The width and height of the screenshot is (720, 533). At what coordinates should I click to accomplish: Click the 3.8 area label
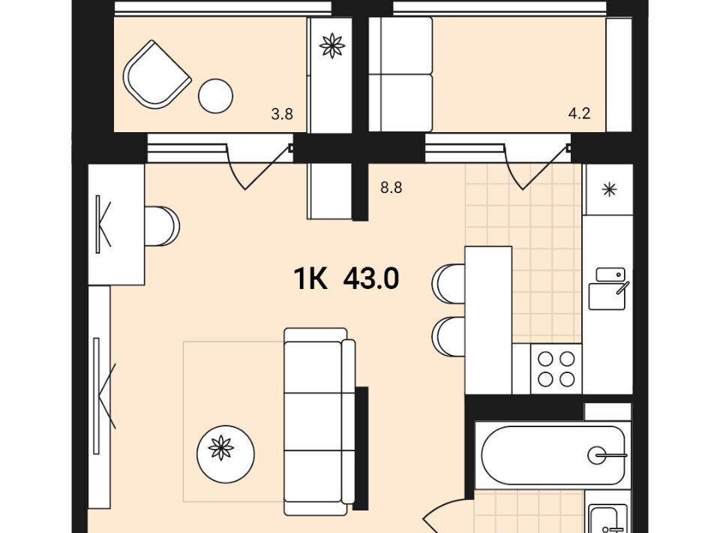pyautogui.click(x=282, y=114)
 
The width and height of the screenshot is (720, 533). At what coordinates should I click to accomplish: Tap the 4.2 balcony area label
pyautogui.click(x=579, y=113)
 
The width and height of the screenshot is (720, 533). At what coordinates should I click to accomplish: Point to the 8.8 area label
pyautogui.click(x=391, y=188)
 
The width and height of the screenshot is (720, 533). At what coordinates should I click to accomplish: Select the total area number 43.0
pyautogui.click(x=371, y=279)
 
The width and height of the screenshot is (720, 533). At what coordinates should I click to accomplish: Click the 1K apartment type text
pyautogui.click(x=310, y=279)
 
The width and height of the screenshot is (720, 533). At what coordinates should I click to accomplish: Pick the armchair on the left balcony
pyautogui.click(x=157, y=74)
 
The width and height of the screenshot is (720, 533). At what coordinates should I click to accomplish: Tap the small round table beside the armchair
pyautogui.click(x=215, y=96)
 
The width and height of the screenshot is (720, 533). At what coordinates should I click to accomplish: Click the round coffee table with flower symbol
pyautogui.click(x=226, y=454)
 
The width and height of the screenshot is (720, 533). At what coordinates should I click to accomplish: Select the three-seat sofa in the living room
pyautogui.click(x=319, y=421)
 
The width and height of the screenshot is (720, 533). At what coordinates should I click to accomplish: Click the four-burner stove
pyautogui.click(x=556, y=369)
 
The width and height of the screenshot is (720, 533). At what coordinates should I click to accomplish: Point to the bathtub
pyautogui.click(x=553, y=456)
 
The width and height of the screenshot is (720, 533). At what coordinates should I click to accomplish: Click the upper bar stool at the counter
pyautogui.click(x=448, y=284)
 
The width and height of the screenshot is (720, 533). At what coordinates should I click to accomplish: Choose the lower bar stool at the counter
pyautogui.click(x=448, y=337)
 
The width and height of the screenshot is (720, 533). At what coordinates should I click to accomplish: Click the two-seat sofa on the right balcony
pyautogui.click(x=400, y=74)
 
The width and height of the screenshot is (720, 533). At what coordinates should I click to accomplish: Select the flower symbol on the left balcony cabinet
pyautogui.click(x=331, y=46)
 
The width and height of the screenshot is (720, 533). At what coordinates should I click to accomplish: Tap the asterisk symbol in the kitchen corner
pyautogui.click(x=609, y=190)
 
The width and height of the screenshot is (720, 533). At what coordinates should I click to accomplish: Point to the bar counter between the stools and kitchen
pyautogui.click(x=488, y=321)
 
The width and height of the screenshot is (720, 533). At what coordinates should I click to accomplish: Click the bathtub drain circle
pyautogui.click(x=596, y=456)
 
